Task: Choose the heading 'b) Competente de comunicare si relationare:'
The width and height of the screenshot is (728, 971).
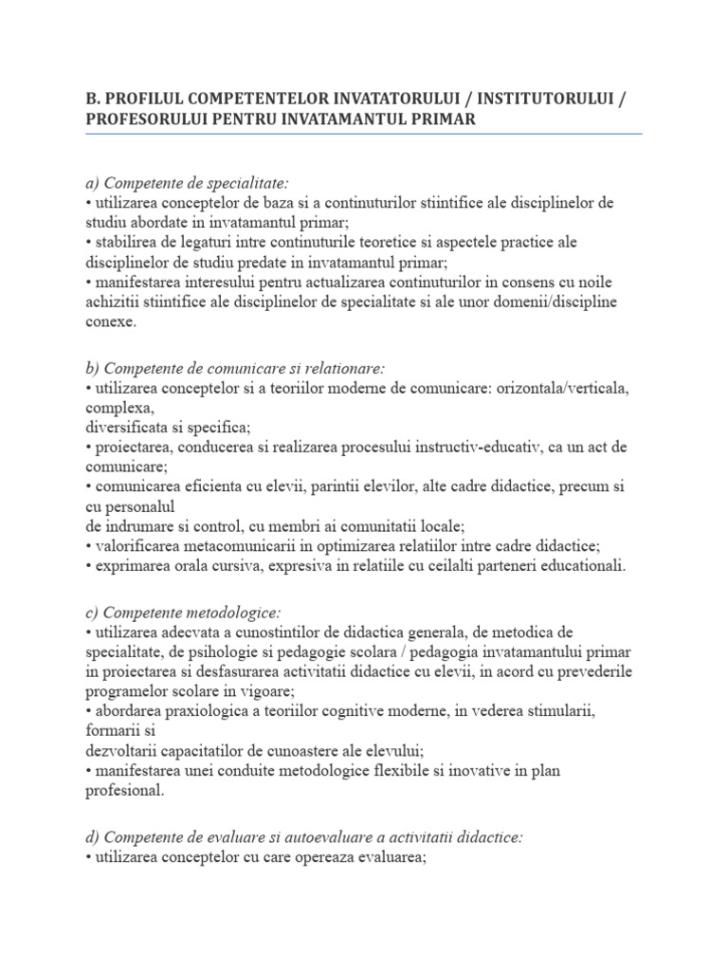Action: click(x=235, y=367)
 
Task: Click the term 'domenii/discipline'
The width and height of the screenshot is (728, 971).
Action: click(x=559, y=302)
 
